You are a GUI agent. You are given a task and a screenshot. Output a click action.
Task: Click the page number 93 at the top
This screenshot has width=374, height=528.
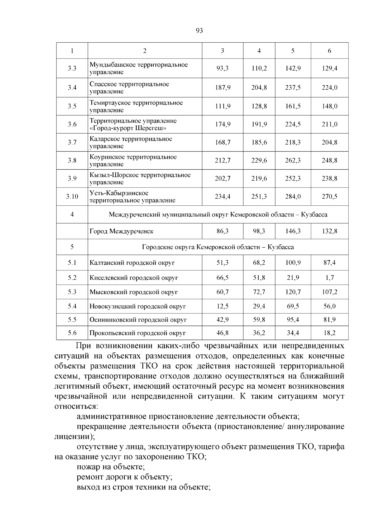pyautogui.click(x=199, y=30)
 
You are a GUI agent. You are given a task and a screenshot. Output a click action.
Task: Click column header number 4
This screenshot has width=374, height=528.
pyautogui.click(x=259, y=51)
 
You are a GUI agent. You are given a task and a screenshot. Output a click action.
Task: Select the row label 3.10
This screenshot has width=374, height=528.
pyautogui.click(x=72, y=197)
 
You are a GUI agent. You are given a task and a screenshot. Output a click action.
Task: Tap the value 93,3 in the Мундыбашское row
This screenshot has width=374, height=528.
pyautogui.click(x=223, y=68)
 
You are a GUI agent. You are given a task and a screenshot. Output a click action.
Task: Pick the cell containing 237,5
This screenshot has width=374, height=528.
pyautogui.click(x=293, y=88)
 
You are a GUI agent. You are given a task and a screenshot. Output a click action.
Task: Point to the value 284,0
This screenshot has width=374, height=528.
pyautogui.click(x=293, y=197)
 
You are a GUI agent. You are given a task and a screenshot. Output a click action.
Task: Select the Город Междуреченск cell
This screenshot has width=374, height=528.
pyautogui.click(x=122, y=231)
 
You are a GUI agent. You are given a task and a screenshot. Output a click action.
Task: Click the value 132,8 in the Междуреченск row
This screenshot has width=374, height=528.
pyautogui.click(x=329, y=231)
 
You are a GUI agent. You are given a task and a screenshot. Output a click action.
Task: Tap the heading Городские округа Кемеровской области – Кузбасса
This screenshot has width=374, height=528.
pyautogui.click(x=218, y=247)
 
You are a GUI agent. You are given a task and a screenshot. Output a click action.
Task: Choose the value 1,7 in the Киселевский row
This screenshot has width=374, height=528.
pyautogui.click(x=329, y=278)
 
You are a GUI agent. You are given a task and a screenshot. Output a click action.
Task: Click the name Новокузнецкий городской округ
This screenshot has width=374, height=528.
pyautogui.click(x=138, y=306)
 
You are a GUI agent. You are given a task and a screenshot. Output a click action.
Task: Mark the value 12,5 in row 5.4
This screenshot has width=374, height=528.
pyautogui.click(x=223, y=306)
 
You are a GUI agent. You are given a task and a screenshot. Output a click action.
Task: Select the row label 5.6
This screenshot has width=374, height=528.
pyautogui.click(x=72, y=333)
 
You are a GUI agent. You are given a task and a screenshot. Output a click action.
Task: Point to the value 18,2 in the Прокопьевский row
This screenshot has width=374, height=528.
pyautogui.click(x=329, y=333)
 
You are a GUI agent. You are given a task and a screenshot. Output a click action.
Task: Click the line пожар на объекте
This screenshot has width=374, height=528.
pyautogui.click(x=110, y=467)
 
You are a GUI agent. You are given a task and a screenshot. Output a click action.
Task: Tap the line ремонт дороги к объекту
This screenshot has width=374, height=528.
pyautogui.click(x=124, y=477)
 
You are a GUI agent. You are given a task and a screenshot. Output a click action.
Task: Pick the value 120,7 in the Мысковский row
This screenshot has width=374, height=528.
pyautogui.click(x=293, y=292)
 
